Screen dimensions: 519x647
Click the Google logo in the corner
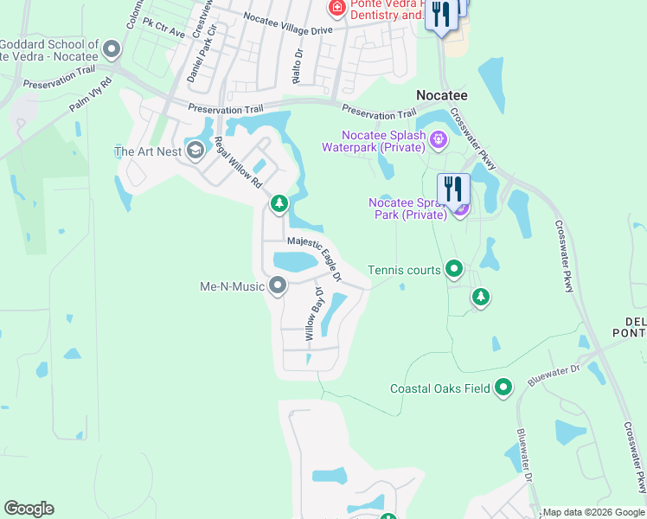tap(29, 509)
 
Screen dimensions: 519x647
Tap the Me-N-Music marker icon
tap(278, 285)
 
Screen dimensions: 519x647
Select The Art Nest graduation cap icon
tap(195, 152)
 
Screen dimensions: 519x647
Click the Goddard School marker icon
tap(111, 50)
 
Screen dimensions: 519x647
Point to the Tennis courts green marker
tap(453, 270)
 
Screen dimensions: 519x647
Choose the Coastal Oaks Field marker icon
tap(503, 388)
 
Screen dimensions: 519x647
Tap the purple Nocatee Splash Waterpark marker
tap(439, 138)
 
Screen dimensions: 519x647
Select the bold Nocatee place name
tap(443, 95)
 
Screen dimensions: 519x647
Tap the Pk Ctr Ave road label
tap(164, 28)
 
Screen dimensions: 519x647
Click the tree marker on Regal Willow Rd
tap(279, 203)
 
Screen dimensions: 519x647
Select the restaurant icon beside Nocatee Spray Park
tap(453, 189)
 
